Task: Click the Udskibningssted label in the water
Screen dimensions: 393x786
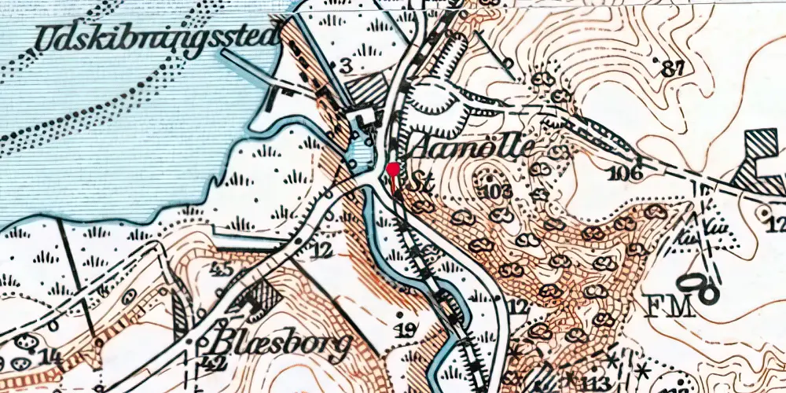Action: (152, 39)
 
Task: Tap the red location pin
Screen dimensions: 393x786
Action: (392, 169)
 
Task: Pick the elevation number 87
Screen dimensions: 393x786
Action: (673, 68)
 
